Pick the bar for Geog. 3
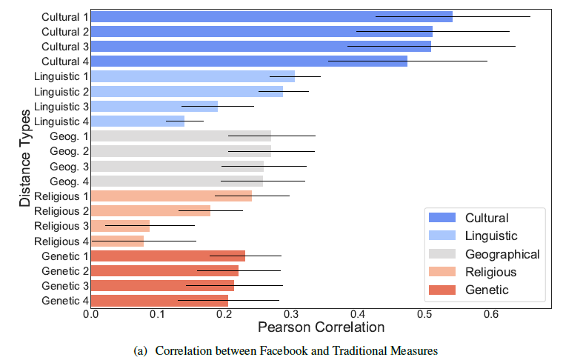click(177, 166)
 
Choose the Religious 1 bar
click(171, 196)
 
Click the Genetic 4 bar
click(159, 300)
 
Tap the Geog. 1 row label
click(69, 136)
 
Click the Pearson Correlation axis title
click(321, 327)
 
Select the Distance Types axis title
click(24, 159)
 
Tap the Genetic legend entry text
click(487, 290)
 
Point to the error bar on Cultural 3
click(431, 46)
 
